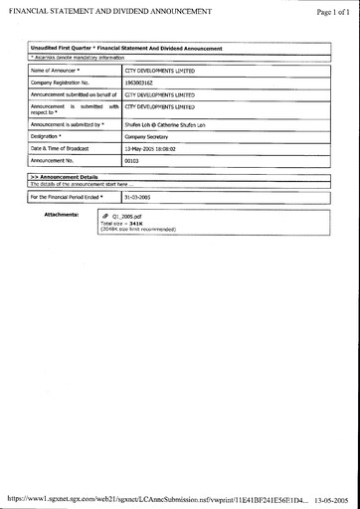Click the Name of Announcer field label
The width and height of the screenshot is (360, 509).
tap(55, 72)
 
